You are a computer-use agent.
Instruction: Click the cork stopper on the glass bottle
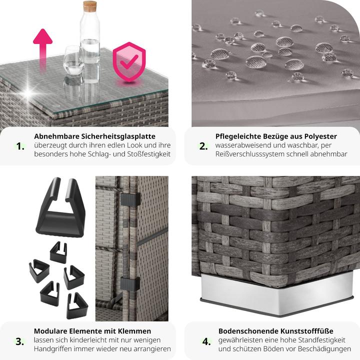point(90,6)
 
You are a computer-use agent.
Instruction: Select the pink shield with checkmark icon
point(129,62)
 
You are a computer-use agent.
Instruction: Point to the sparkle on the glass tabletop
point(28,93)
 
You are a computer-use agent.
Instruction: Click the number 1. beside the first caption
point(20,146)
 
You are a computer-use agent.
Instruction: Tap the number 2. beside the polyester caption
point(203,146)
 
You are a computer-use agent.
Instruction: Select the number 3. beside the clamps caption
point(19,341)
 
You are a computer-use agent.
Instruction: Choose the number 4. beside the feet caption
point(206,341)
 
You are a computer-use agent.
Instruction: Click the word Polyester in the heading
point(320,136)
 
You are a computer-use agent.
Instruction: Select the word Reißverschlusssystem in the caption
point(250,154)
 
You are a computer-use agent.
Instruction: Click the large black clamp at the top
point(60,207)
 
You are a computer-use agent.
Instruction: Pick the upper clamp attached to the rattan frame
point(130,199)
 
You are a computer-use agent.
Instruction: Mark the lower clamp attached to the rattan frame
point(130,284)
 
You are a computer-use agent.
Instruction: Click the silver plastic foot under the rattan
point(277,294)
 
